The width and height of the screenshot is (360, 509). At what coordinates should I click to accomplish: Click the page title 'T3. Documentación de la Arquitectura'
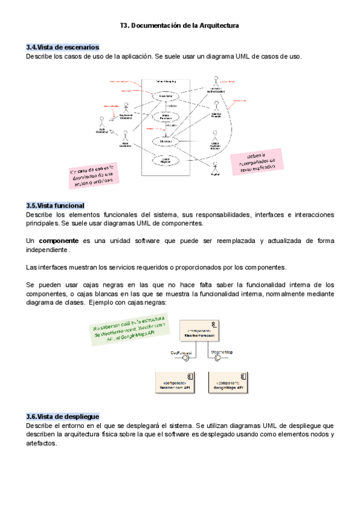click(x=179, y=26)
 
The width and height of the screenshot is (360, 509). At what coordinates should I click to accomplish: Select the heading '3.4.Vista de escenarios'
click(x=62, y=47)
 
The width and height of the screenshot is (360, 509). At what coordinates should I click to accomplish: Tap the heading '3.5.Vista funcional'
click(x=55, y=205)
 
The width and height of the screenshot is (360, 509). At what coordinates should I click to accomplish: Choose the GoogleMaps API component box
click(x=229, y=383)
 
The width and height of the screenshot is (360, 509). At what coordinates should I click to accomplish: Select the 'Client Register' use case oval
click(x=166, y=160)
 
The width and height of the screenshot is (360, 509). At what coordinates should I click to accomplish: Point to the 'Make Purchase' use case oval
click(x=166, y=117)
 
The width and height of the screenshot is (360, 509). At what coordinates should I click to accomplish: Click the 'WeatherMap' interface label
click(x=221, y=352)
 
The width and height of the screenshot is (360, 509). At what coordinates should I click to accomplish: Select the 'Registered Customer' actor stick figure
click(x=126, y=108)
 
